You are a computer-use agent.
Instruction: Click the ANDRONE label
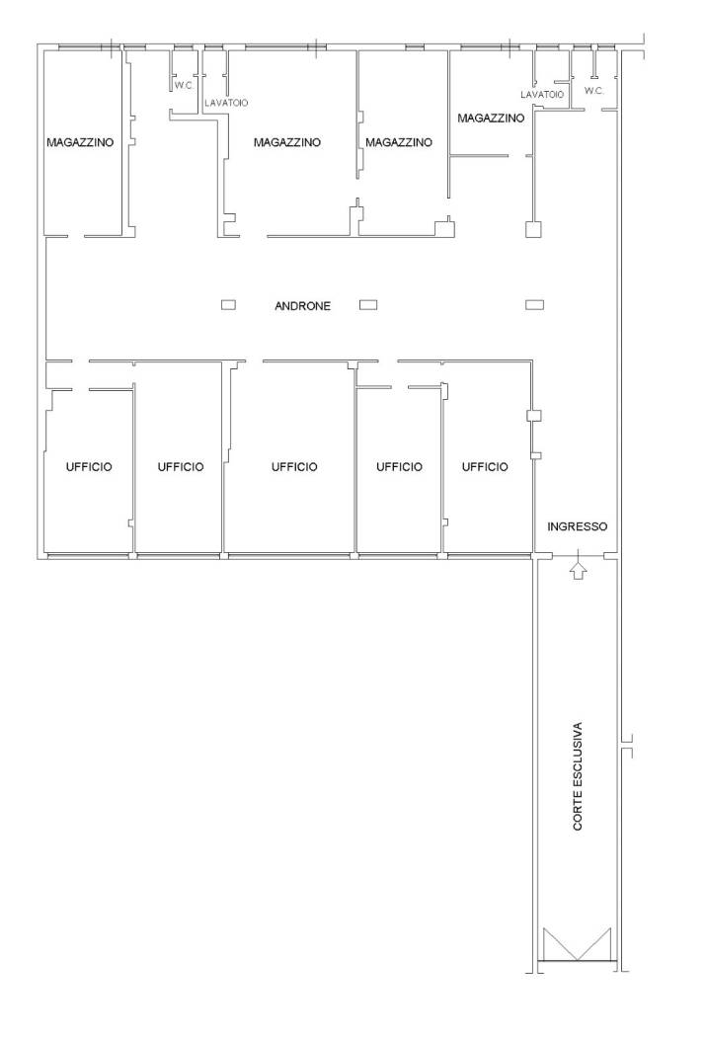302,306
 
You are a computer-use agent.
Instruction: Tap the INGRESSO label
577,526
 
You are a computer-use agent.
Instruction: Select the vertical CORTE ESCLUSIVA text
578,775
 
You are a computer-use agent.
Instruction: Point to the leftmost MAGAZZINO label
80,142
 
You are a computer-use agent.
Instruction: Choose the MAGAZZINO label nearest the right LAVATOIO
491,118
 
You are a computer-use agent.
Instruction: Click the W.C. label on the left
184,85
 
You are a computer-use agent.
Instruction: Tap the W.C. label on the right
593,91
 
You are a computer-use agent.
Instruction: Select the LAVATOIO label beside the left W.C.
226,103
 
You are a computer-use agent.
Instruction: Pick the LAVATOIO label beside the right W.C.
542,95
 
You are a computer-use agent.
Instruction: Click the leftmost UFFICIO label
89,467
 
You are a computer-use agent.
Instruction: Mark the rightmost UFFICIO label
485,467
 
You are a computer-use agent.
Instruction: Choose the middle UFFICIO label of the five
294,467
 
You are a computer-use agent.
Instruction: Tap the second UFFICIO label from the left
181,467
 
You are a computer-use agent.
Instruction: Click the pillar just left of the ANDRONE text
228,305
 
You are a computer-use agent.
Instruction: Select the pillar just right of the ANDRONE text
367,305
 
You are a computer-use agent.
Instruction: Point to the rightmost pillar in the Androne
534,305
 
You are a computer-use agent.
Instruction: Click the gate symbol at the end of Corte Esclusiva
577,944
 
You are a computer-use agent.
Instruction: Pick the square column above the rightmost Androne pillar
533,229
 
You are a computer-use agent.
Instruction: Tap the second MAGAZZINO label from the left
287,142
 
